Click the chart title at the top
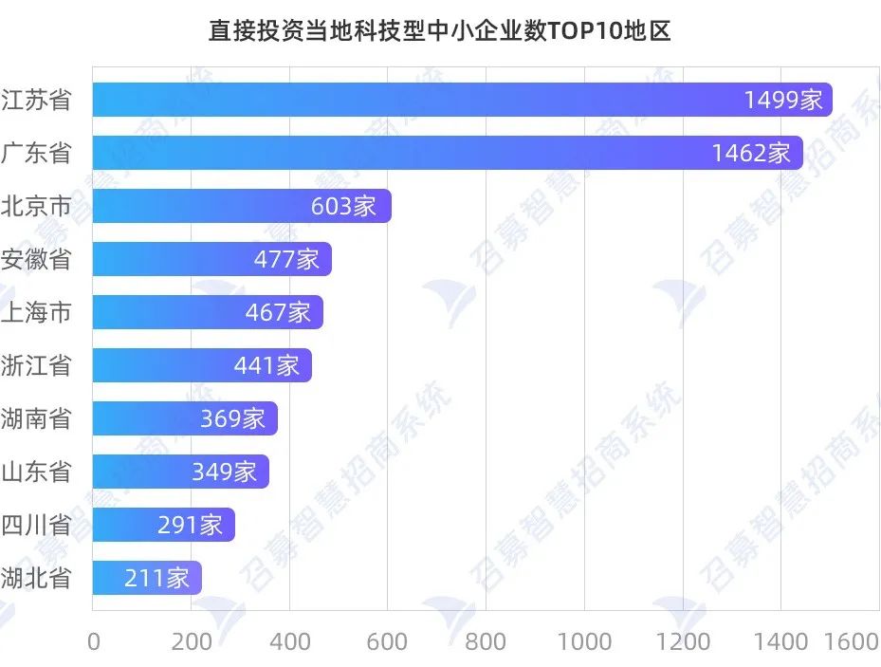[440, 30]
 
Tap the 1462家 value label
[751, 153]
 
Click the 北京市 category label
[37, 206]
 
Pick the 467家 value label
[278, 312]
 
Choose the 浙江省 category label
[37, 365]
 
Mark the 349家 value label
[224, 472]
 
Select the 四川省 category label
[37, 525]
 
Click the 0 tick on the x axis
[93, 642]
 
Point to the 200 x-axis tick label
[192, 642]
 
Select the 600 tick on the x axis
[388, 642]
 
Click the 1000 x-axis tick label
[584, 642]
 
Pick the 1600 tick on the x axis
[852, 642]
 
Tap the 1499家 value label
[783, 100]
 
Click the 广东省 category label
[37, 153]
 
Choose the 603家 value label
[343, 206]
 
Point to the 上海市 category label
[37, 312]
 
